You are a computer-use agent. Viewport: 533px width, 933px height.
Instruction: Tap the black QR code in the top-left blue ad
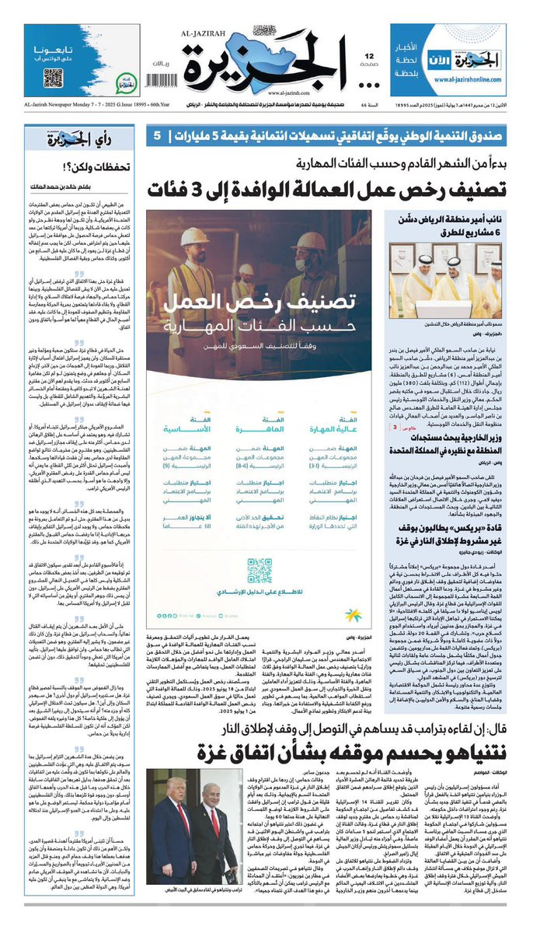coord(54,78)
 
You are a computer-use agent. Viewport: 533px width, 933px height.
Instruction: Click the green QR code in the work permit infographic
coord(260,571)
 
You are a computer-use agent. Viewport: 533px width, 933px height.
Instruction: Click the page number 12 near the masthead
coord(370,56)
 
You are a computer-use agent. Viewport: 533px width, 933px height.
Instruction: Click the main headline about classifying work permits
coord(342,188)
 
